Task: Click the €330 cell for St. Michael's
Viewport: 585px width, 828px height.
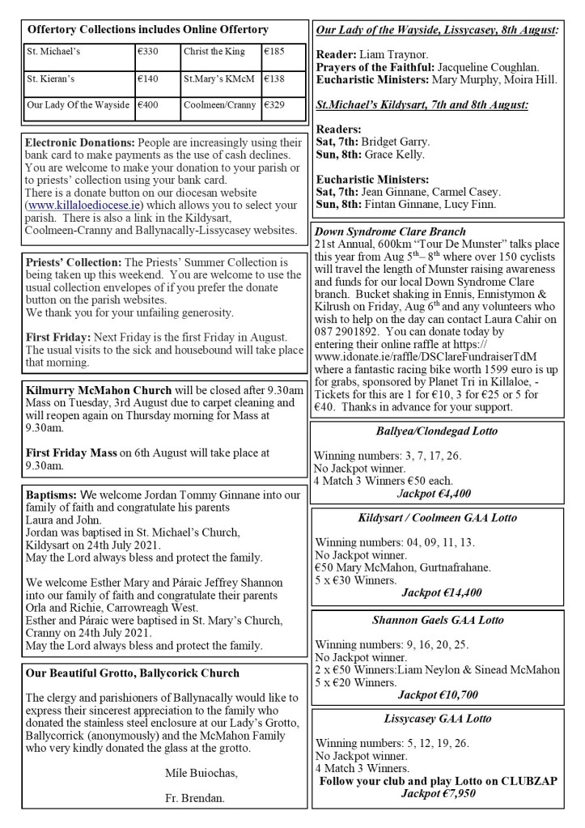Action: click(x=149, y=52)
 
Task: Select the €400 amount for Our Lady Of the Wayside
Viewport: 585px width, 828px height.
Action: click(x=149, y=105)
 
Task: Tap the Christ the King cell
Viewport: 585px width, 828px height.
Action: click(x=214, y=52)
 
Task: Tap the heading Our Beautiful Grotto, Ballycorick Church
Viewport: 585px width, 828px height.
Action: click(x=132, y=673)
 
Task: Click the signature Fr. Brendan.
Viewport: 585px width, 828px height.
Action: click(x=193, y=796)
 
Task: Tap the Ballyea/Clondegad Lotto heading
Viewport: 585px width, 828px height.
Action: click(x=436, y=431)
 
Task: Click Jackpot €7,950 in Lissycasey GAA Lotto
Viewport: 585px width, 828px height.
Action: click(x=439, y=794)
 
